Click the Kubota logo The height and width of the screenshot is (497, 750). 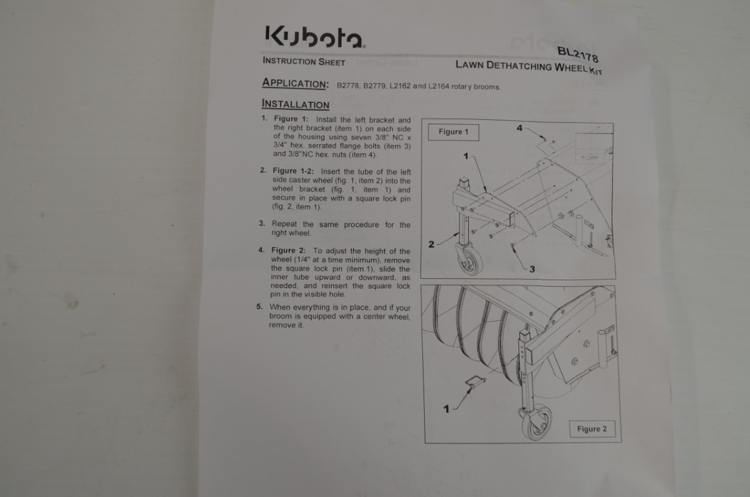click(x=316, y=36)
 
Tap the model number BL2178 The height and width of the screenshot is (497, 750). click(x=578, y=54)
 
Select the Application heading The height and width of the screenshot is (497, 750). click(x=295, y=83)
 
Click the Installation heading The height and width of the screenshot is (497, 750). click(x=295, y=104)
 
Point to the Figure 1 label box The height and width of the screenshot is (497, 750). click(x=453, y=131)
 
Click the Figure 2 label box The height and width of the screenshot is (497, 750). click(x=592, y=429)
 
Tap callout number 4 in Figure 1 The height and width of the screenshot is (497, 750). click(x=519, y=128)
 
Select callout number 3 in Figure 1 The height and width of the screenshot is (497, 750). click(x=532, y=269)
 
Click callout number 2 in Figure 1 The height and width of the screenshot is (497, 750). click(x=431, y=244)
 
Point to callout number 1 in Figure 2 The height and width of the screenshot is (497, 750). click(x=446, y=409)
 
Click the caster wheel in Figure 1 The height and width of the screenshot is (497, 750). click(x=468, y=260)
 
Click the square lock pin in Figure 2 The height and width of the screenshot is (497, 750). click(x=476, y=382)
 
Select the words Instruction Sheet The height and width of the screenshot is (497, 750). click(x=304, y=61)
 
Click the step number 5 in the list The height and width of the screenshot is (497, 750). click(x=259, y=307)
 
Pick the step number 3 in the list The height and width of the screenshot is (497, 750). click(x=262, y=223)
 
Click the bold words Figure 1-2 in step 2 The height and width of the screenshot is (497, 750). click(x=293, y=170)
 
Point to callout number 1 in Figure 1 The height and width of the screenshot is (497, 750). click(x=466, y=156)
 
